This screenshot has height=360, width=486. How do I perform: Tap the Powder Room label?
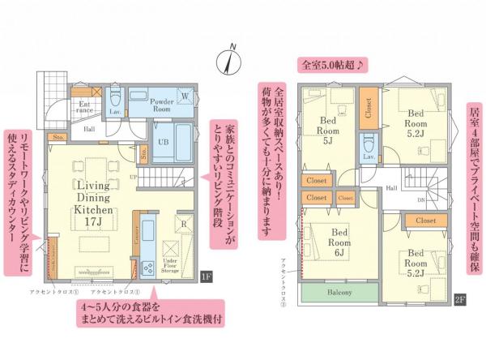click(x=165, y=103)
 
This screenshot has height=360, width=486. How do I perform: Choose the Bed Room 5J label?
click(x=327, y=130)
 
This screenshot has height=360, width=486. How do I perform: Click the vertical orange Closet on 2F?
click(x=368, y=109)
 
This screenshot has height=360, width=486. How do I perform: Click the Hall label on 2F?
click(x=390, y=187)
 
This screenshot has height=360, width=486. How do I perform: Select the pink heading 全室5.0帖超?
click(x=335, y=63)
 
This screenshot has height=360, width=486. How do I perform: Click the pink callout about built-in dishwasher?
click(x=151, y=312)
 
